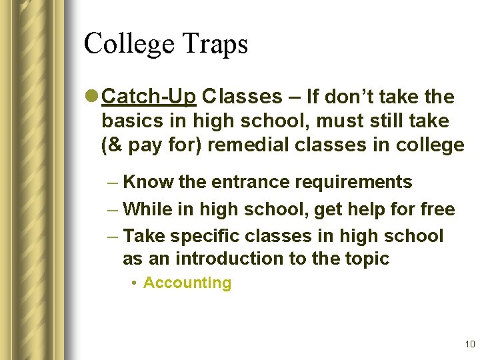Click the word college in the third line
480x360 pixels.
(x=428, y=145)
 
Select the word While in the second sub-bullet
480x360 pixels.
(x=147, y=209)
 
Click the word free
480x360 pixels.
(x=437, y=209)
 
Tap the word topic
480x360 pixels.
(x=365, y=259)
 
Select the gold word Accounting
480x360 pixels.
(x=187, y=283)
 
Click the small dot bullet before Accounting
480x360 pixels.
(x=135, y=283)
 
